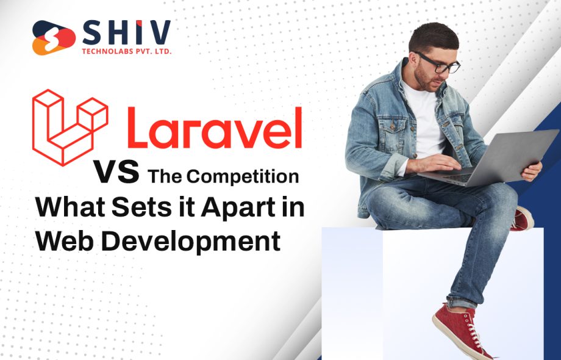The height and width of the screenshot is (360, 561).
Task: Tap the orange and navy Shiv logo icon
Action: pos(54,38)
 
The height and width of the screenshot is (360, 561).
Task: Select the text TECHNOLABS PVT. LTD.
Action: pos(126,52)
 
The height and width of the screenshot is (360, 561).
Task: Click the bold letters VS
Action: pos(116,172)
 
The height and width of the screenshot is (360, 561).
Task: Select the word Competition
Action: pos(242,177)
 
